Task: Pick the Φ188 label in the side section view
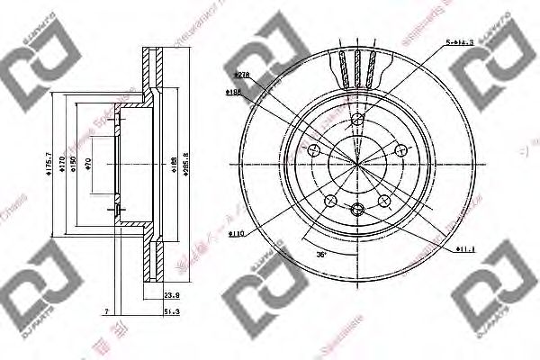[x=173, y=163]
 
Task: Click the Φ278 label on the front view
[x=240, y=76]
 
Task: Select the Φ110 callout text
[x=236, y=233]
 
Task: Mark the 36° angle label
[x=321, y=256]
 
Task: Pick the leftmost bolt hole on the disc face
[x=314, y=149]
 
